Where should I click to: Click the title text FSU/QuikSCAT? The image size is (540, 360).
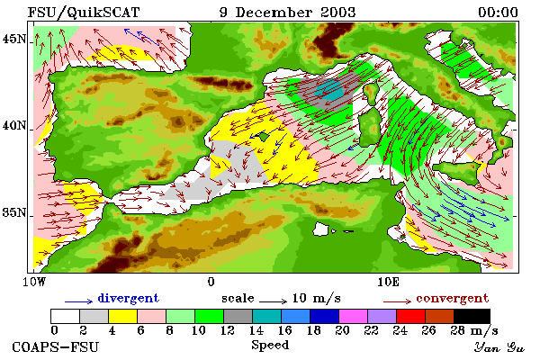(84, 13)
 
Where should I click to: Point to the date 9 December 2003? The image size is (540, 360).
(288, 13)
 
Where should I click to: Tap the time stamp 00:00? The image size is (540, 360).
(498, 13)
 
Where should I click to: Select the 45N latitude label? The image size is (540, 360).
(13, 39)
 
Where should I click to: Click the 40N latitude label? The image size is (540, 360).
(13, 125)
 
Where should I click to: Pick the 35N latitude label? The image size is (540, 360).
(13, 212)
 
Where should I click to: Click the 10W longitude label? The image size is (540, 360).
(34, 282)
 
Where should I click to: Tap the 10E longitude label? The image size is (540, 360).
(388, 282)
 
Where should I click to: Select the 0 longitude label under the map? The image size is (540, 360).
(211, 282)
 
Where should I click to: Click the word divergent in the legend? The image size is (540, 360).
(128, 298)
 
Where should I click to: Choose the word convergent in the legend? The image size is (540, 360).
(452, 298)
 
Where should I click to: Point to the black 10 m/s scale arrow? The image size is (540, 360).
(273, 301)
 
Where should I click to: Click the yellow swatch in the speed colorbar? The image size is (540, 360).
(123, 316)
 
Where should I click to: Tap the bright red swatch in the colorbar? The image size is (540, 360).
(410, 316)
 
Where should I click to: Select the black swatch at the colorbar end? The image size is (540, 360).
(472, 316)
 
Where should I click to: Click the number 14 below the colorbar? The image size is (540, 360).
(256, 330)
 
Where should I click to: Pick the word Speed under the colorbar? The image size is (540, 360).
(270, 346)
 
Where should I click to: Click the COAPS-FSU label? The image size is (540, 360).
(55, 346)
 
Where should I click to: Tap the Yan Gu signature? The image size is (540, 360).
(499, 347)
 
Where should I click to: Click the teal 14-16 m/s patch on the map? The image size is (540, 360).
(330, 90)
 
